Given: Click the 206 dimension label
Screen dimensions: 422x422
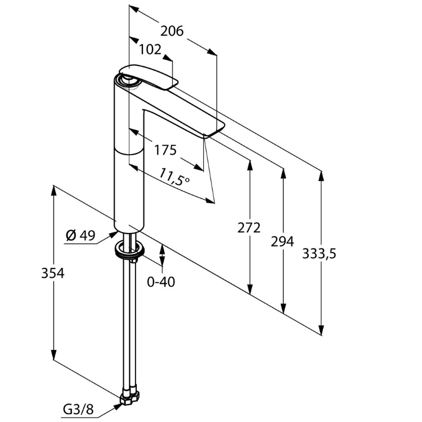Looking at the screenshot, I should click(x=172, y=32).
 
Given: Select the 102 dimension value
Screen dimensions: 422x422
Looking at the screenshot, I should click(x=150, y=50).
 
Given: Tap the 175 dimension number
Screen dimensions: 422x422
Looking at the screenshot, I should click(x=165, y=150).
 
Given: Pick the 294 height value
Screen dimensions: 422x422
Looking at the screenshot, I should click(x=282, y=241).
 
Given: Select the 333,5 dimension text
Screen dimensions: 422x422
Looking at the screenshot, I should click(x=319, y=254).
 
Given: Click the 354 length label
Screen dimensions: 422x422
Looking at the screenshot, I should click(x=53, y=273).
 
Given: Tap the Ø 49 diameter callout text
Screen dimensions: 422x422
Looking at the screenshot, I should click(x=80, y=235).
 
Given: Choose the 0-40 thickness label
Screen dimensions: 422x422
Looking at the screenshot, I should click(x=161, y=281).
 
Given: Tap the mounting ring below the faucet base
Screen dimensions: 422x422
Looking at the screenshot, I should click(x=131, y=251).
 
